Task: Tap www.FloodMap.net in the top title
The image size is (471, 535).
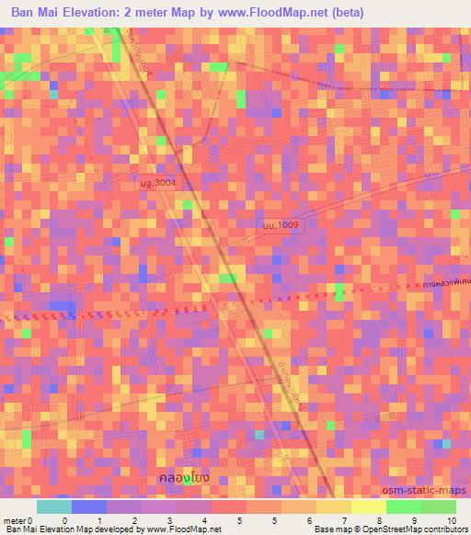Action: [x=280, y=13]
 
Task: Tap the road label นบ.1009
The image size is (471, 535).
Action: [x=279, y=223]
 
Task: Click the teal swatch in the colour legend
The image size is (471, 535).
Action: [x=54, y=507]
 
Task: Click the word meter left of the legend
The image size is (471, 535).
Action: [x=15, y=519]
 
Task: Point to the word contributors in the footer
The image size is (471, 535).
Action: [x=446, y=529]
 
